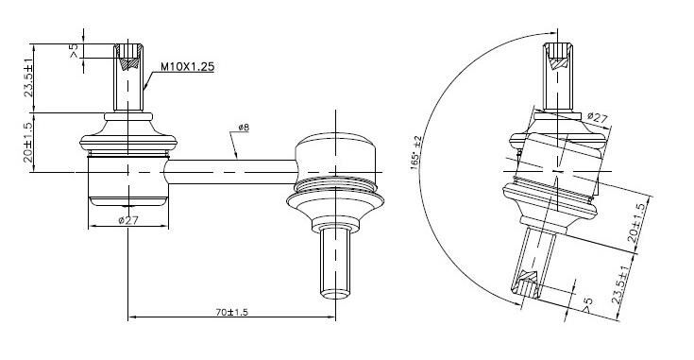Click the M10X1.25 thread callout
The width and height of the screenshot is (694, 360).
pyautogui.click(x=187, y=67)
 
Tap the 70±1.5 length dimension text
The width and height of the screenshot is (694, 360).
pyautogui.click(x=232, y=312)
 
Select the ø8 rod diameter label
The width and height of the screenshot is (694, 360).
pyautogui.click(x=244, y=128)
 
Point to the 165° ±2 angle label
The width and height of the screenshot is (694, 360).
pyautogui.click(x=416, y=153)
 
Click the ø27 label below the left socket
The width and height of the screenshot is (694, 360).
pyautogui.click(x=128, y=220)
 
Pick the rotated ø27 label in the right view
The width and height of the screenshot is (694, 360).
pyautogui.click(x=597, y=118)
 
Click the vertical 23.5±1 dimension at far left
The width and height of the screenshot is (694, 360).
pyautogui.click(x=28, y=77)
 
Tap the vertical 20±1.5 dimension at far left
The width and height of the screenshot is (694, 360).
pyautogui.click(x=28, y=142)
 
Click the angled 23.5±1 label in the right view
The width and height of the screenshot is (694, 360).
pyautogui.click(x=620, y=284)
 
